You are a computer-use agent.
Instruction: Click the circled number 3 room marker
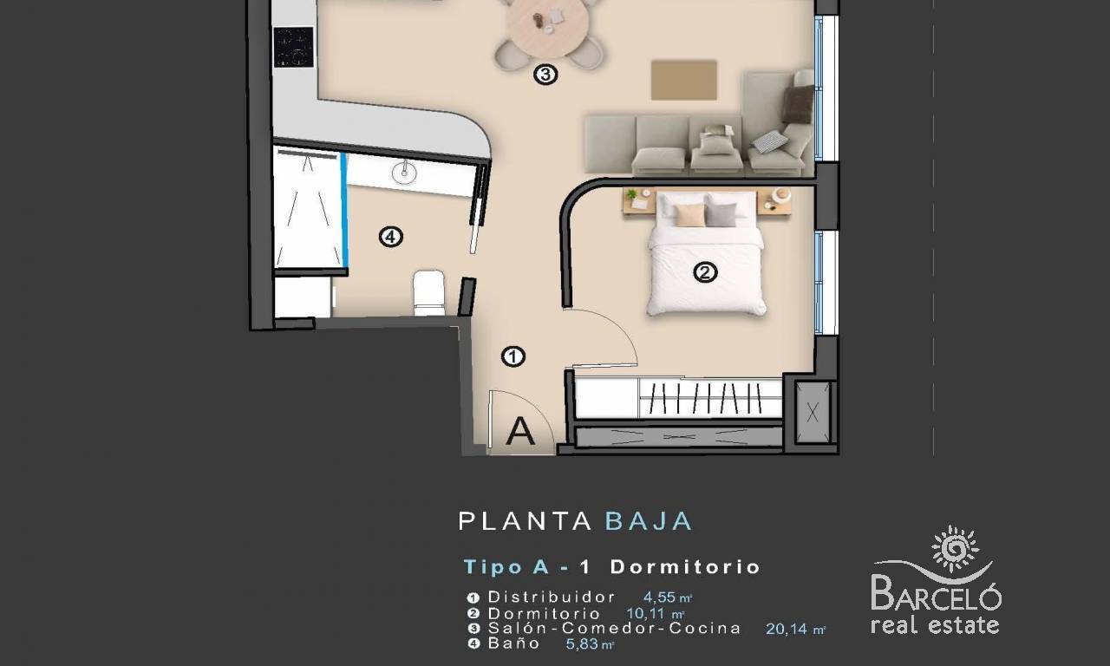545,75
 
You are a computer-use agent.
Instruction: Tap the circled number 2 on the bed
705,272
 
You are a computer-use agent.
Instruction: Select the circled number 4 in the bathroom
390,237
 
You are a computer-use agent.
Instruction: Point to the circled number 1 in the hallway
513,356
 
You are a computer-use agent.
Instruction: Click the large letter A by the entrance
520,431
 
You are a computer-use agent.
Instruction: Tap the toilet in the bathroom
429,292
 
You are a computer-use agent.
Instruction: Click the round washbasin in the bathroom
404,172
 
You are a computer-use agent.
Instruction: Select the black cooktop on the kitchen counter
293,47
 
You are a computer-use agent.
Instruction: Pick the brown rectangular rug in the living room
684,81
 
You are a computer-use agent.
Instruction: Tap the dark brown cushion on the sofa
798,104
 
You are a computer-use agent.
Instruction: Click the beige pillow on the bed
689,215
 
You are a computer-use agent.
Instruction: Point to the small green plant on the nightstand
630,194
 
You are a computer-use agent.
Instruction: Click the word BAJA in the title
649,521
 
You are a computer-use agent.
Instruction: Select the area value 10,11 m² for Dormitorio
655,613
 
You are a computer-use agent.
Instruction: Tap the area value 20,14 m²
796,629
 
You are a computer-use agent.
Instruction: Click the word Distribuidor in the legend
552,597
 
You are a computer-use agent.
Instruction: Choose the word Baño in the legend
514,643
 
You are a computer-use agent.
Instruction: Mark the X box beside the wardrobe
813,412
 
